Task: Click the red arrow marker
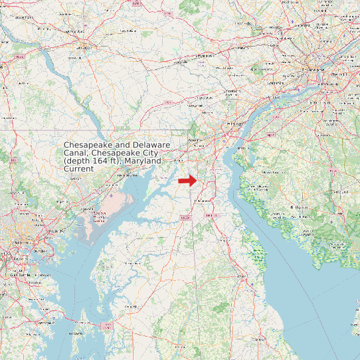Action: pos(187,180)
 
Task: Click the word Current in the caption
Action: pos(78,169)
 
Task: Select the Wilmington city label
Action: pos(232,124)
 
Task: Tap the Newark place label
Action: pos(195,141)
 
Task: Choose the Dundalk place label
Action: pos(41,250)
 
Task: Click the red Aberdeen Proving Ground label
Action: pos(100,217)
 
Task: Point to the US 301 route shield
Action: pos(185,217)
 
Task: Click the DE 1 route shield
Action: pos(211,216)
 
